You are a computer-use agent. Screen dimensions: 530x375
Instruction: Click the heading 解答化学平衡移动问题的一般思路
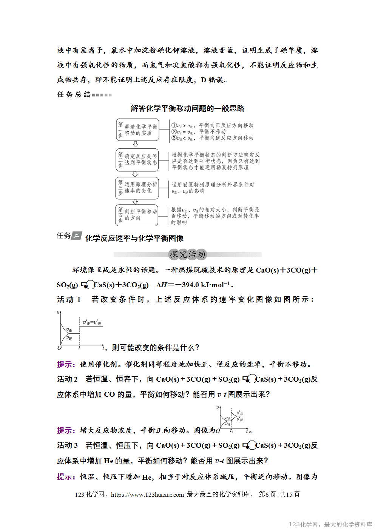[187, 109]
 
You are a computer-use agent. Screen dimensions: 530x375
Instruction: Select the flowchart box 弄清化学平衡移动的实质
[137, 130]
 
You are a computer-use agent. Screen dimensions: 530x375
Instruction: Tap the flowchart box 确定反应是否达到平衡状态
[137, 159]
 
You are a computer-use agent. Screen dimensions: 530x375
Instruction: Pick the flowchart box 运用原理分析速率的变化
[137, 188]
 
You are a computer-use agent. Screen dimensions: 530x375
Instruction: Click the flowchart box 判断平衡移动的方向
[137, 215]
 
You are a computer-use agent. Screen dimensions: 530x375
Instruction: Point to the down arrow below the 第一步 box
[136, 144]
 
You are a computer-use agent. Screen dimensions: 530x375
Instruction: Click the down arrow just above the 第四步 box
[135, 202]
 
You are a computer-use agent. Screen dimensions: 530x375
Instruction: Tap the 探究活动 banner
[188, 254]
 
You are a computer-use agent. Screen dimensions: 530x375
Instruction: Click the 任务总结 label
[74, 94]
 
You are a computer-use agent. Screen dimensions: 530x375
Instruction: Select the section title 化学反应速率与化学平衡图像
[134, 238]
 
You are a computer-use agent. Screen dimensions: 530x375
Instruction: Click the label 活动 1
[69, 299]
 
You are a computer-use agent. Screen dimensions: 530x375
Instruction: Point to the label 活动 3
[67, 445]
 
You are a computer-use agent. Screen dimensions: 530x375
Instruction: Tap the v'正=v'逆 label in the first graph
[92, 323]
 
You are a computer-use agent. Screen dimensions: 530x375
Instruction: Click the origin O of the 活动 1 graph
[59, 348]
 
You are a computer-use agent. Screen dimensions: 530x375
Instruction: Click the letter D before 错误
[203, 80]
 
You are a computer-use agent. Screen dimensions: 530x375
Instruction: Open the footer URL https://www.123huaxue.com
[147, 495]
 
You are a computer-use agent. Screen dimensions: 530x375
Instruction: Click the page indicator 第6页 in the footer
[267, 495]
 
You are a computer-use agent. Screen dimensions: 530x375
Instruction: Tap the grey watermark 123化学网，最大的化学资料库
[330, 524]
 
